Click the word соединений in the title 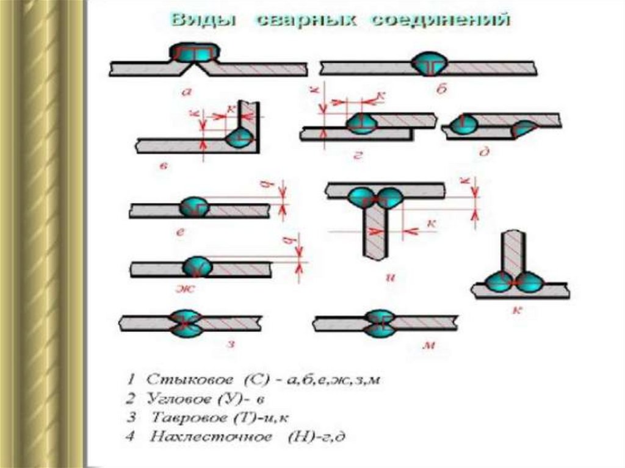pyautogui.click(x=449, y=20)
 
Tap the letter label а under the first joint pyautogui.click(x=187, y=92)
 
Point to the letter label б pyautogui.click(x=441, y=89)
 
